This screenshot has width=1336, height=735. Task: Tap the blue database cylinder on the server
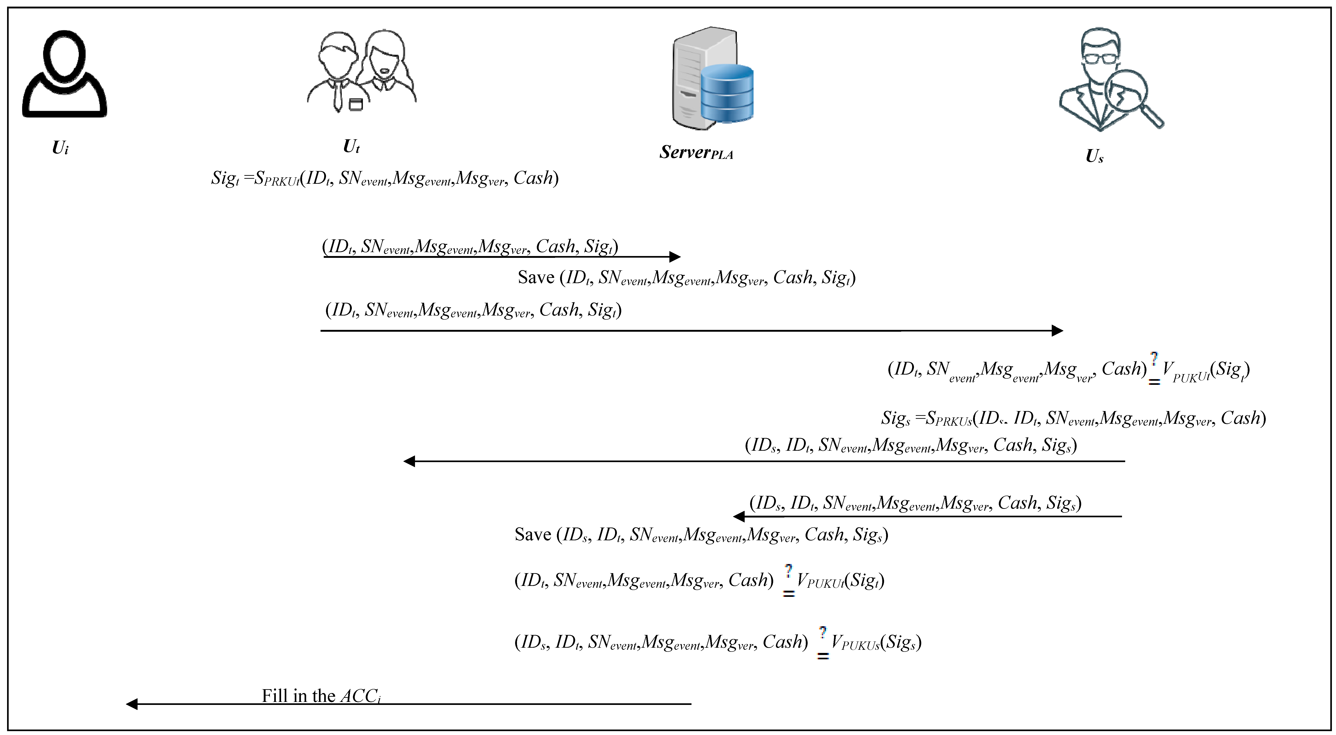(727, 93)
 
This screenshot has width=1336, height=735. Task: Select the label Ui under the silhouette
(60, 148)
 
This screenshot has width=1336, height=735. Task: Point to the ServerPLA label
(696, 152)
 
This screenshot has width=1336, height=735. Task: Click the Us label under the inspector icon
(1094, 156)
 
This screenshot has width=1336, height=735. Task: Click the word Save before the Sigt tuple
(536, 277)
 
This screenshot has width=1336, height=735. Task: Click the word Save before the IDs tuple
(533, 534)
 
